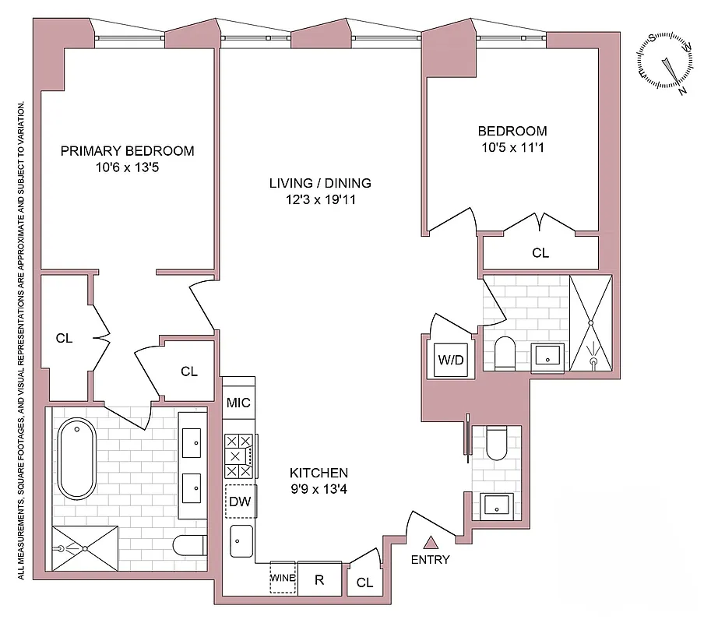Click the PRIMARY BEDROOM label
[x=127, y=151]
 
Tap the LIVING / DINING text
[x=320, y=184]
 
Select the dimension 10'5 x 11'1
[x=512, y=146]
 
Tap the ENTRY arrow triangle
[x=429, y=543]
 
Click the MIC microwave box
[x=238, y=403]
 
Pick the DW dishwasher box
[x=240, y=502]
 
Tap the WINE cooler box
[x=283, y=579]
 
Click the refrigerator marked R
[x=319, y=579]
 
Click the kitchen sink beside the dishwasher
[x=241, y=540]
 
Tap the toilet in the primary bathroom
[x=189, y=546]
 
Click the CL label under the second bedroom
[x=540, y=253]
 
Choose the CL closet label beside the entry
[x=364, y=583]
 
